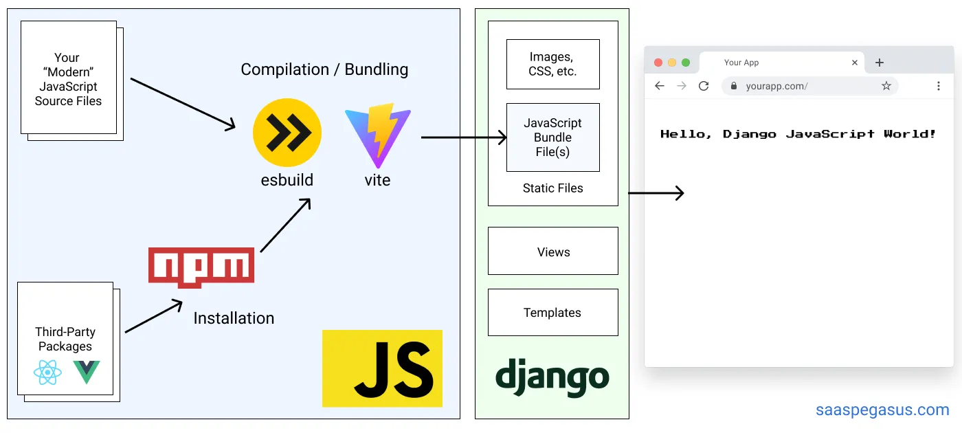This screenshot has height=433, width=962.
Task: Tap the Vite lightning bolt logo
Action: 377,135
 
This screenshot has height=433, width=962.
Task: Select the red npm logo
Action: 201,267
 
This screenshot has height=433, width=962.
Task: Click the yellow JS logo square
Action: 382,368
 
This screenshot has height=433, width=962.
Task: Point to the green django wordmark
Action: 552,378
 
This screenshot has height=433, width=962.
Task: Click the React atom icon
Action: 47,373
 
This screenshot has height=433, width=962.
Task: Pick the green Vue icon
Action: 87,372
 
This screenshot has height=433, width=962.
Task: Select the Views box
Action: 552,252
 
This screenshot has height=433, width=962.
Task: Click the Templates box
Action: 552,313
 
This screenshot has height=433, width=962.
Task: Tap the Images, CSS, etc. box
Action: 552,64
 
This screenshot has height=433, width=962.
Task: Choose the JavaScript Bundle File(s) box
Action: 552,137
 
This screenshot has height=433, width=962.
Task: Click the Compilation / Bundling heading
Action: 324,69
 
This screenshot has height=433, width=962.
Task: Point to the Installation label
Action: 234,318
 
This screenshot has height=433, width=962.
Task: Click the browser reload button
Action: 704,86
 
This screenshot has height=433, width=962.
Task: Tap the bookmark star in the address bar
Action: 886,86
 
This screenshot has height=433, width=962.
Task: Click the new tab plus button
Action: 879,63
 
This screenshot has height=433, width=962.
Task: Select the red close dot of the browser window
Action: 658,63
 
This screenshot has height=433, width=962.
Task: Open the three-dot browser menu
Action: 939,86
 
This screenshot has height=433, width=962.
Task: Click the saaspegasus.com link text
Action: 882,410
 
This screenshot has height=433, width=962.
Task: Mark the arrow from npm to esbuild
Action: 286,225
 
